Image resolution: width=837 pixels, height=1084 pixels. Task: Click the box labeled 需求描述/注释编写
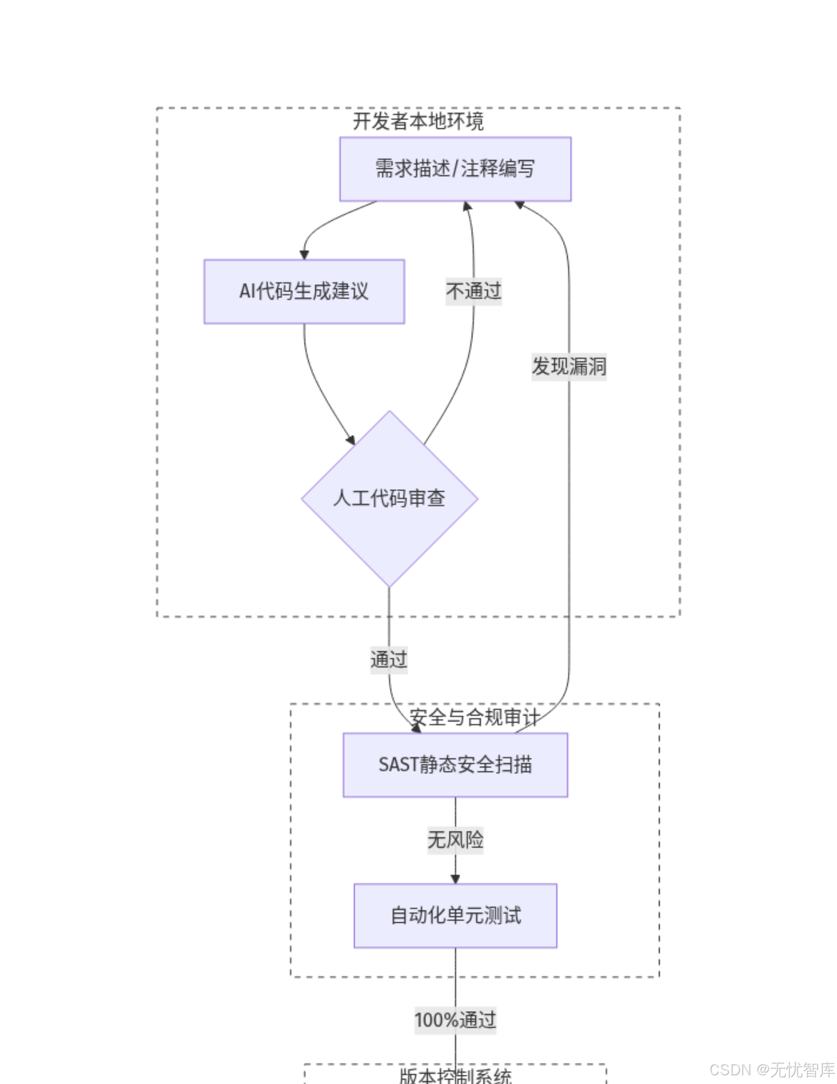click(455, 169)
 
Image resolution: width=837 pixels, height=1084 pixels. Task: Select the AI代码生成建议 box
click(304, 292)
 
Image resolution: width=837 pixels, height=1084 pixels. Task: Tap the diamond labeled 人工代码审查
click(389, 498)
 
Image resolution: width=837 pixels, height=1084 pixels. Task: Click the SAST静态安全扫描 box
click(455, 765)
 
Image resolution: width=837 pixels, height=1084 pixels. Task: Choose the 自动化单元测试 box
click(455, 916)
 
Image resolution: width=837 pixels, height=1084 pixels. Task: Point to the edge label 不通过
click(473, 292)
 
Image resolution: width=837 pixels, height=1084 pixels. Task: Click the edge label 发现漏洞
click(569, 366)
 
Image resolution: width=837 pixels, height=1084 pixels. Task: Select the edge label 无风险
click(455, 840)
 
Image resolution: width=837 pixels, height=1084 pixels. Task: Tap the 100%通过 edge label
click(455, 1020)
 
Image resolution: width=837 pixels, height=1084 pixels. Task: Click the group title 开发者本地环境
click(418, 122)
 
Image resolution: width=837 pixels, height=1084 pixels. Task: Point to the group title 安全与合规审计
click(474, 717)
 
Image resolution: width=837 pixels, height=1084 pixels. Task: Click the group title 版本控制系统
click(455, 1076)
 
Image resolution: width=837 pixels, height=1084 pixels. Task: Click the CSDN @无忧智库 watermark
click(772, 1070)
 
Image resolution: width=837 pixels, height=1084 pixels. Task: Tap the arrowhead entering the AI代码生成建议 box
click(304, 255)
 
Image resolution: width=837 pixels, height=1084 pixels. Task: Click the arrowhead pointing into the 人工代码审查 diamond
click(351, 440)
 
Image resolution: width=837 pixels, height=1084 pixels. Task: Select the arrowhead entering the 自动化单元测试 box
click(455, 879)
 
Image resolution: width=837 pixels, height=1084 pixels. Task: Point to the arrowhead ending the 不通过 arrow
click(467, 206)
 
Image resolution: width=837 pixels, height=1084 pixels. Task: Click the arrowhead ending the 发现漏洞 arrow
click(520, 205)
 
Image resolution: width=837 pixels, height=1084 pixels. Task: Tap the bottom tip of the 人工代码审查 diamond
click(389, 586)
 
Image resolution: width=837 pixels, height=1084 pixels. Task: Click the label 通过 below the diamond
click(389, 660)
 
